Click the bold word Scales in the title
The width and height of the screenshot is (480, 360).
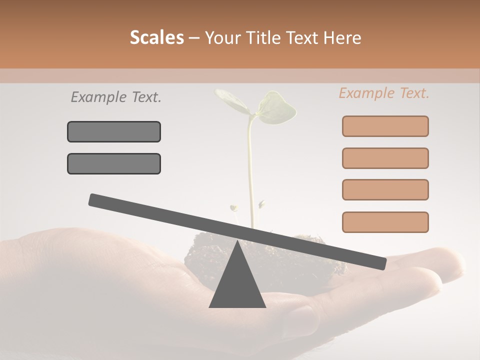[156, 37]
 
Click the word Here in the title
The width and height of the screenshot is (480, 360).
[342, 37]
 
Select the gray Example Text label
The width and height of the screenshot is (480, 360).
[116, 97]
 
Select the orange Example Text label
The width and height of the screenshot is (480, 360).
[384, 93]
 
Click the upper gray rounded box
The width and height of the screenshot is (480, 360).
[114, 131]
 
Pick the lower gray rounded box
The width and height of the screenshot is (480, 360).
[114, 163]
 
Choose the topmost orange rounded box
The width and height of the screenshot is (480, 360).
[385, 126]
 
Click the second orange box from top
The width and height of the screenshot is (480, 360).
[385, 158]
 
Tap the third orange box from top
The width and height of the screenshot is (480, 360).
[385, 189]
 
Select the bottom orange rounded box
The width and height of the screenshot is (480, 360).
[385, 222]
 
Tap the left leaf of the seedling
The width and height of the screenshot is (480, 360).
[231, 100]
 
